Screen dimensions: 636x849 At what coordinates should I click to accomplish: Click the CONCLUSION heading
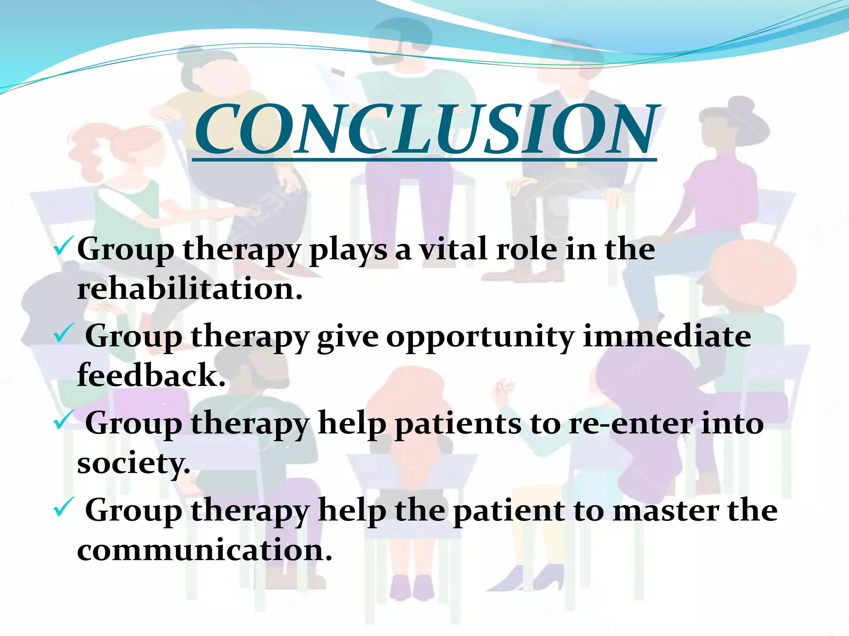coord(425,129)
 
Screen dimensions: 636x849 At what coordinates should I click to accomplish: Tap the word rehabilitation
coord(189,289)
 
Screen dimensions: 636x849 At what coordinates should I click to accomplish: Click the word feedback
coord(151,375)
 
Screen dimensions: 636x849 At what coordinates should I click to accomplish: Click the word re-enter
coord(630,424)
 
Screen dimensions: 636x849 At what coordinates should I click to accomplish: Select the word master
coord(666,511)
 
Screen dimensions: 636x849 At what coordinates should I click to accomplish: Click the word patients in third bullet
coord(458,424)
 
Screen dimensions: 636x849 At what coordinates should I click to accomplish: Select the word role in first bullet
coord(526,249)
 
